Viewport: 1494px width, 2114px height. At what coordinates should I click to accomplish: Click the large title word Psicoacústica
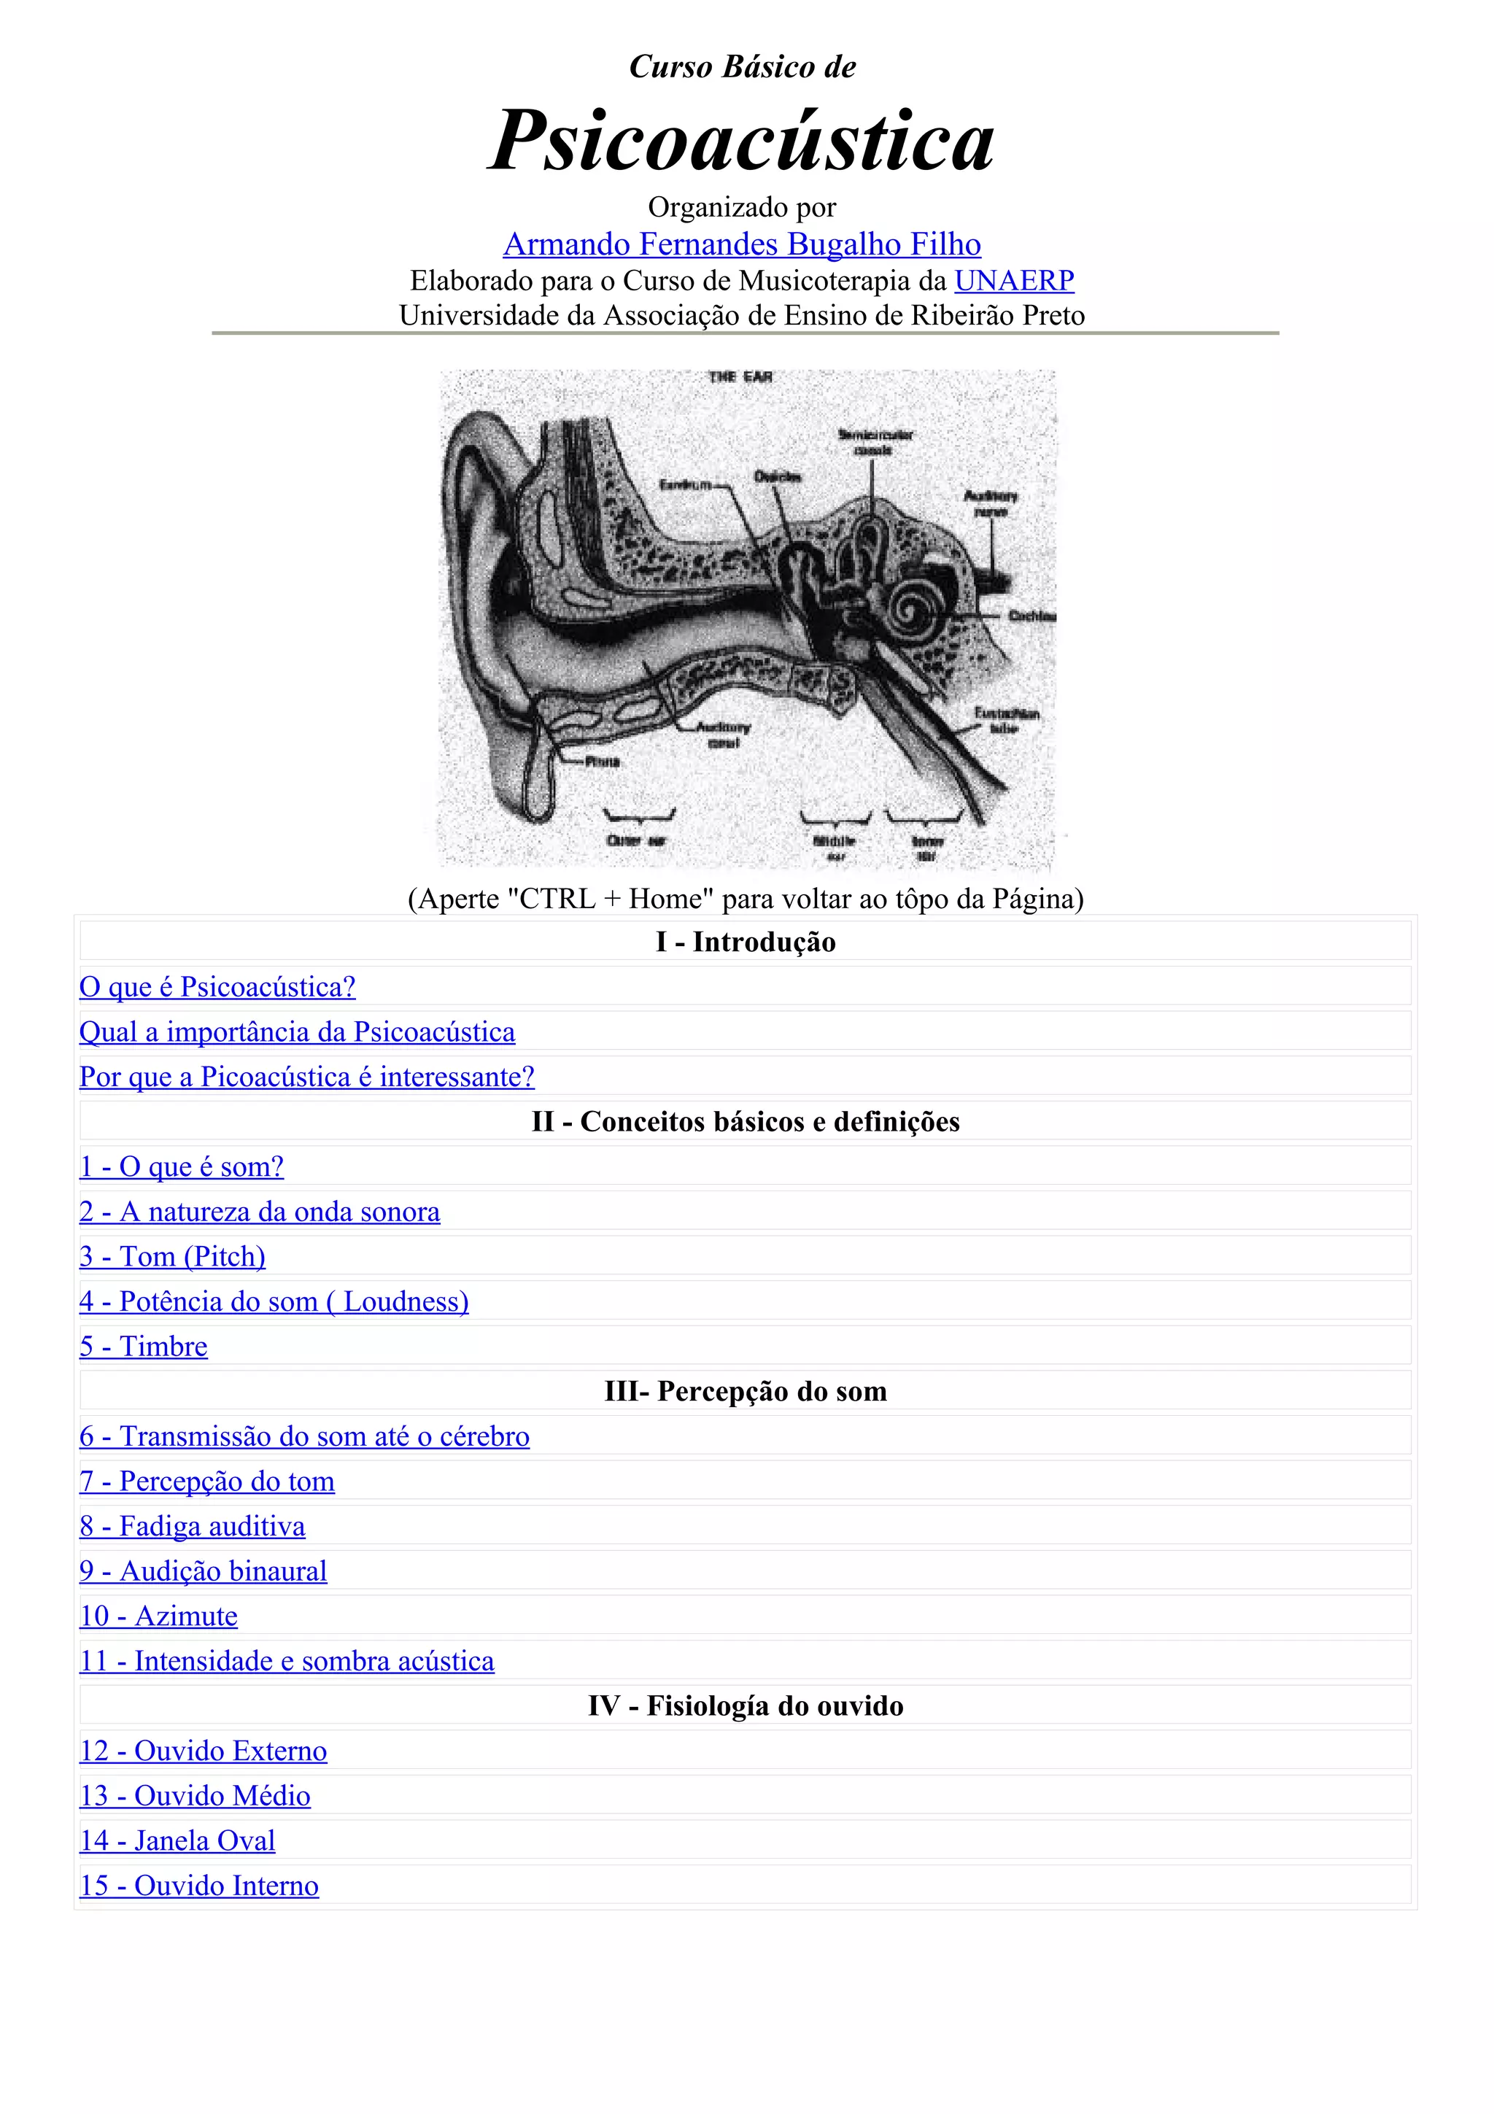click(x=741, y=143)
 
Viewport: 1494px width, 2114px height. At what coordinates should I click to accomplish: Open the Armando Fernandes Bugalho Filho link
click(x=742, y=244)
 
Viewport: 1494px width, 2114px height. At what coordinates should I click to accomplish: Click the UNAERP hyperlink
click(x=1013, y=280)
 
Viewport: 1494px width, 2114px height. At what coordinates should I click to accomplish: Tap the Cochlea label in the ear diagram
click(x=1031, y=616)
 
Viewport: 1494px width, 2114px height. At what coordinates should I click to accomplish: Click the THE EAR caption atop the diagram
click(x=740, y=376)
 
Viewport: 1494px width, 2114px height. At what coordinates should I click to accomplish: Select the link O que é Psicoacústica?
click(x=217, y=987)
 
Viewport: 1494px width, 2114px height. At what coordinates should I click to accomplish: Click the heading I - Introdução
click(x=746, y=942)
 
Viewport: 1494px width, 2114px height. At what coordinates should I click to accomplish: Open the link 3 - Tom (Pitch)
click(x=172, y=1257)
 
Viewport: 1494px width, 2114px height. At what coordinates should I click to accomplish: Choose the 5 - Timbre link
click(x=144, y=1346)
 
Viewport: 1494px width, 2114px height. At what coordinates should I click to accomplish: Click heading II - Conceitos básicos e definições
click(x=746, y=1121)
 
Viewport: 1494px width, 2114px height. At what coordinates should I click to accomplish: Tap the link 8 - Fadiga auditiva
click(x=193, y=1525)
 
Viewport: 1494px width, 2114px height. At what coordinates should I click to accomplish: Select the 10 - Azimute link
click(x=158, y=1616)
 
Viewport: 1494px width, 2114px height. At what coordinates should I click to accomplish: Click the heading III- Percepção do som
click(x=746, y=1391)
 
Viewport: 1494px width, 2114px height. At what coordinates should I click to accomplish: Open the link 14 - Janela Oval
click(x=178, y=1840)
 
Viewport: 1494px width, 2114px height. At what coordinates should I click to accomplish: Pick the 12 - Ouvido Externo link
click(x=204, y=1750)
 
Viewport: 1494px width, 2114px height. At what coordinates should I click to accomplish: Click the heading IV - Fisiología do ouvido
click(x=746, y=1706)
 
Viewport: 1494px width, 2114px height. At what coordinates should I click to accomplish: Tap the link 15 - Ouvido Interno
click(x=199, y=1886)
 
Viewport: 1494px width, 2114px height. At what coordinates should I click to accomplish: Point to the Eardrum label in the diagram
click(x=686, y=484)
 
